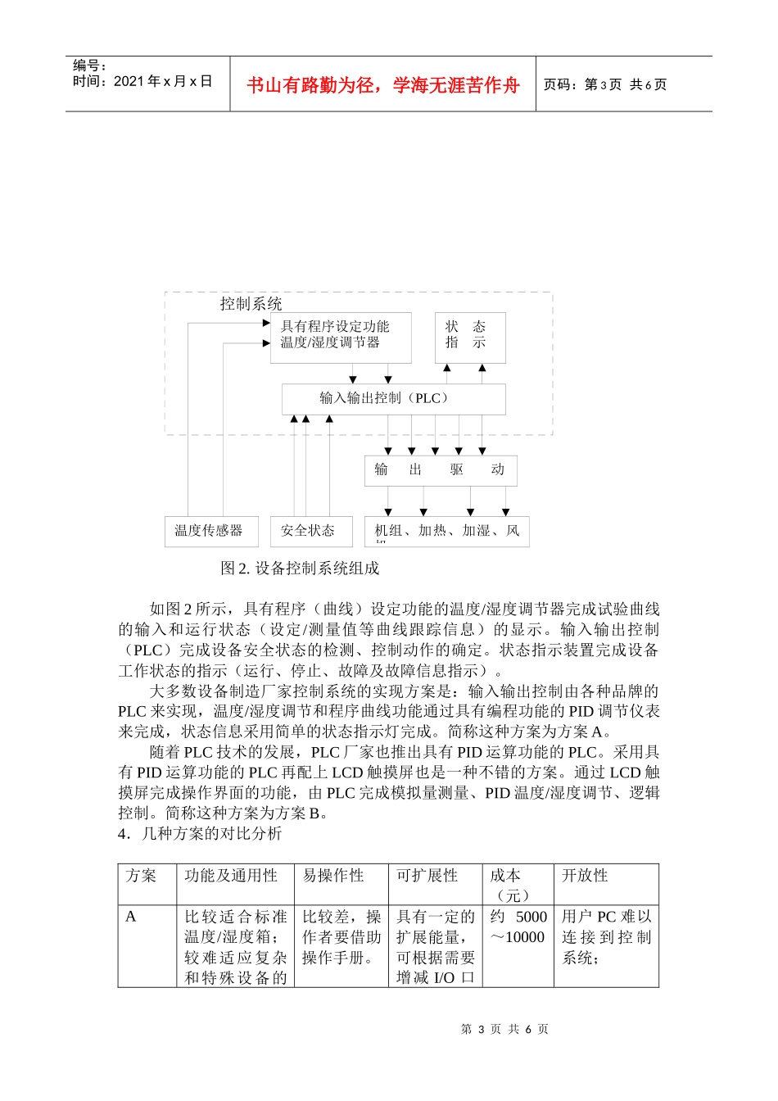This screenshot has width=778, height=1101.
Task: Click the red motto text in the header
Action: click(x=382, y=85)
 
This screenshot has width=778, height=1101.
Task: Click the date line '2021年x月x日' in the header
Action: click(x=142, y=81)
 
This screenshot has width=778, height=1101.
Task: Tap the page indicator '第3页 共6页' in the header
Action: click(x=606, y=84)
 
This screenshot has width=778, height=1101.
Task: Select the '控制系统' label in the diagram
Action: click(x=251, y=304)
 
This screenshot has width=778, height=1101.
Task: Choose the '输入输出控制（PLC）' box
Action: click(x=393, y=399)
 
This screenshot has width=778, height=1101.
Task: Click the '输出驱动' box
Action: click(x=441, y=470)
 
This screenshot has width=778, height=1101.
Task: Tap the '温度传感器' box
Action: click(x=210, y=531)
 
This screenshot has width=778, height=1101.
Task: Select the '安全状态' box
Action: click(x=310, y=531)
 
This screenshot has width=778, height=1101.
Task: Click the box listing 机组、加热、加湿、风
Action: click(x=446, y=531)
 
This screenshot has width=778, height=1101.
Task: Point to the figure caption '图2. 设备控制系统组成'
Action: click(x=300, y=569)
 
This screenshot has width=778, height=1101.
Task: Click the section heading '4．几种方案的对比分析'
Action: click(x=200, y=833)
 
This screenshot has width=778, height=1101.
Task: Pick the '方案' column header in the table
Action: click(x=142, y=876)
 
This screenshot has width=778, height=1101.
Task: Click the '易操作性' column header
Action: click(x=333, y=876)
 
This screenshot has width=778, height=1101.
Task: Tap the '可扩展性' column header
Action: click(x=427, y=876)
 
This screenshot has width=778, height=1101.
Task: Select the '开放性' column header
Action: click(x=585, y=876)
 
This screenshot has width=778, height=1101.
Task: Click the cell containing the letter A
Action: click(x=131, y=917)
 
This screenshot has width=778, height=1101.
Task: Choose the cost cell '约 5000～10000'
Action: click(x=518, y=927)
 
